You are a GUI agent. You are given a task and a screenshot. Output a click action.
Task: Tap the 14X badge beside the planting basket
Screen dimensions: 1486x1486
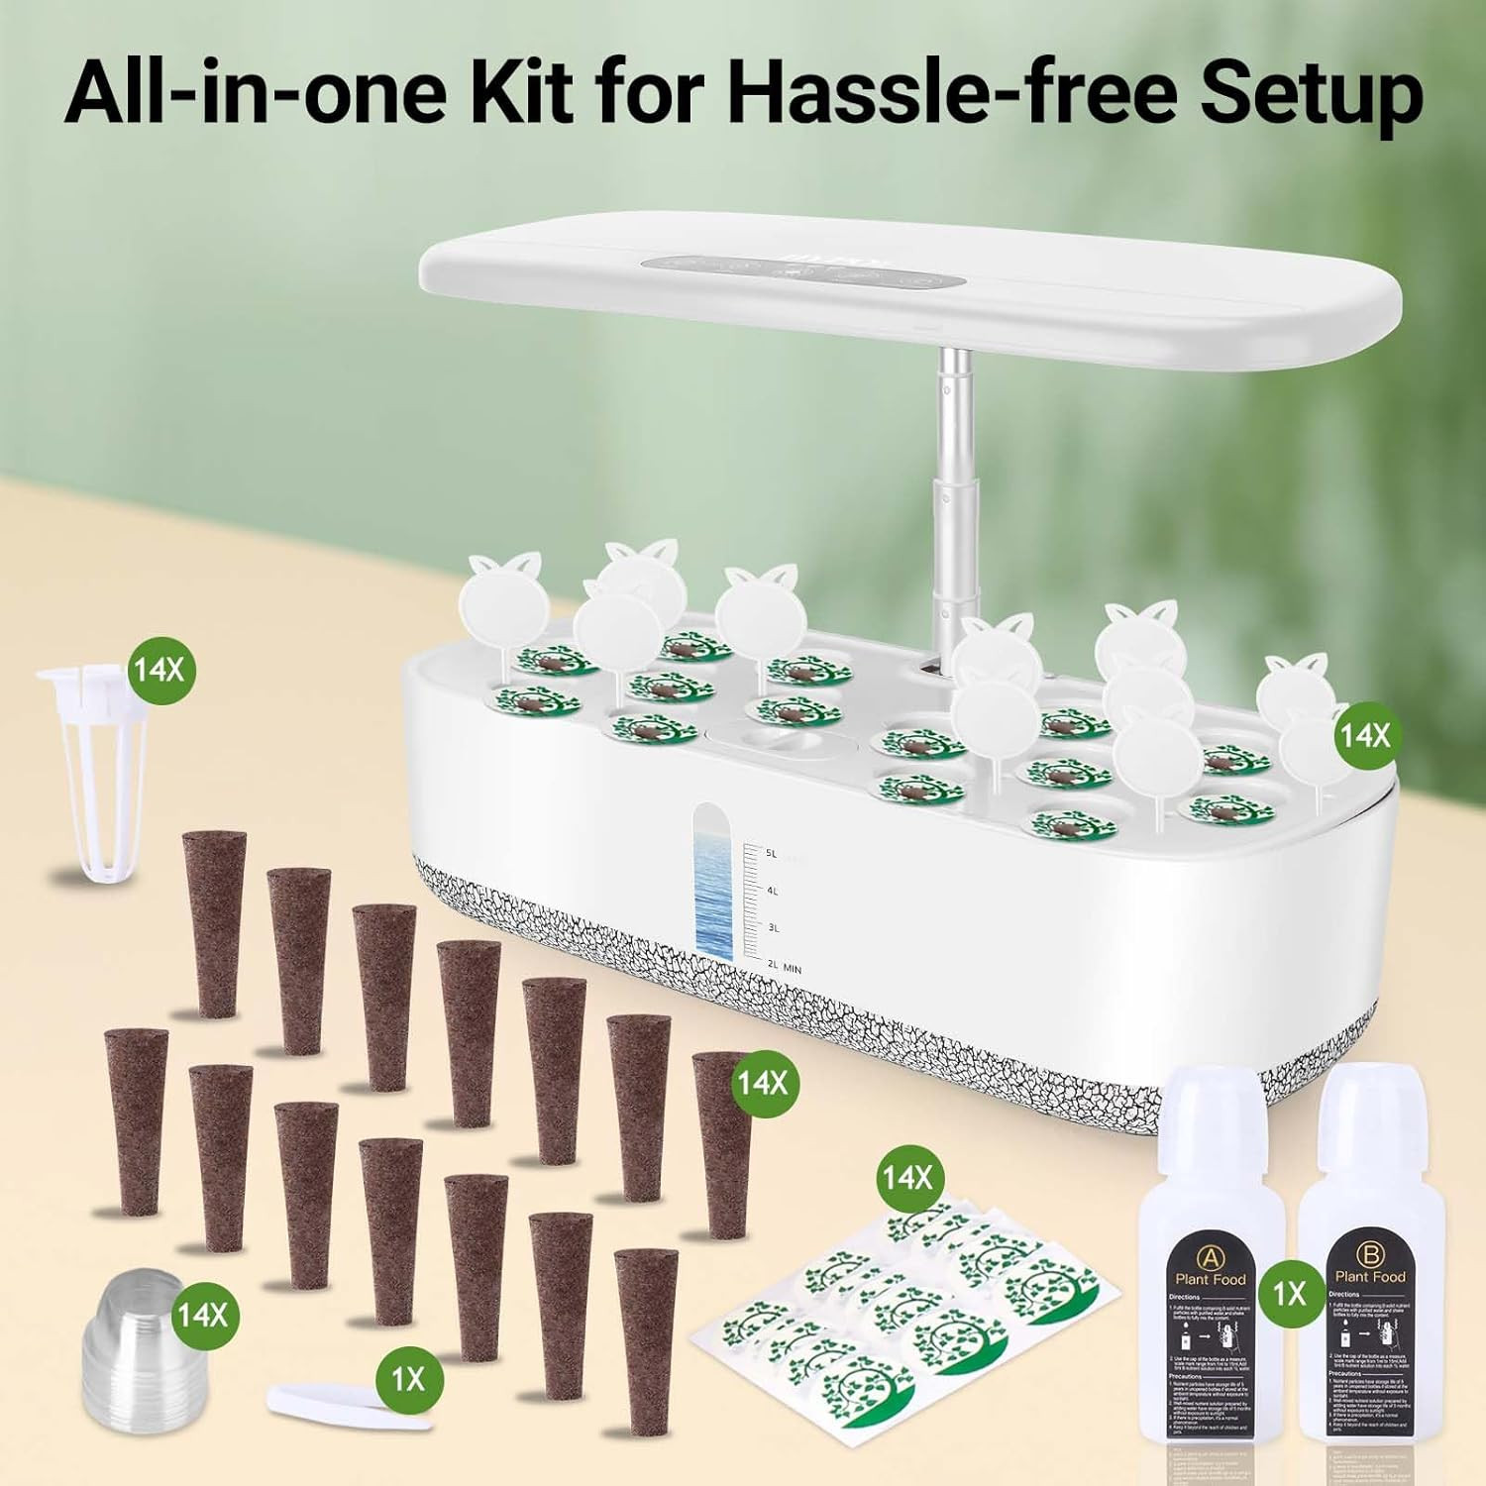(x=159, y=670)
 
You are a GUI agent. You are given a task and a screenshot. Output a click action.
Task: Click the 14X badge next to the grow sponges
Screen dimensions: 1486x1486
(x=761, y=1082)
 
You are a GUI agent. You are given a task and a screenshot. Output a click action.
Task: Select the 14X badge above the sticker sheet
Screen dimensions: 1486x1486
(x=907, y=1177)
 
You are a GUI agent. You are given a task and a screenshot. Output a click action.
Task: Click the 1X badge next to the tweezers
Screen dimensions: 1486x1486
(x=408, y=1379)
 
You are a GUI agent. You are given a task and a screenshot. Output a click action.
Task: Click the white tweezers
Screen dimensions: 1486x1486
(x=349, y=1404)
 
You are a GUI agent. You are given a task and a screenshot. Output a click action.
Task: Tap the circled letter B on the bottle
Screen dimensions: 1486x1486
(x=1372, y=1255)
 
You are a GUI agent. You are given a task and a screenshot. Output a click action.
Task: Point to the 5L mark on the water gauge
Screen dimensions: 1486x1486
(x=772, y=853)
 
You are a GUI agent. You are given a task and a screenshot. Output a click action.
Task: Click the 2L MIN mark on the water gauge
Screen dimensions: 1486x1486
(x=784, y=967)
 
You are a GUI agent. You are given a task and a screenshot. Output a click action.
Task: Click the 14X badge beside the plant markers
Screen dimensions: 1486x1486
(x=1363, y=735)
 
